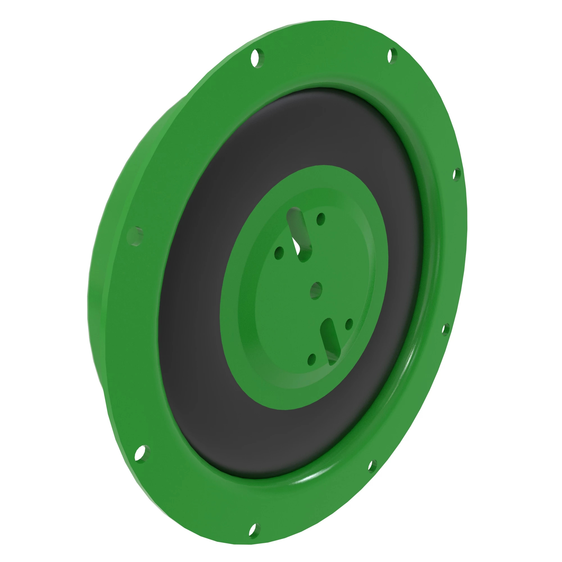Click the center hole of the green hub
point(316,290)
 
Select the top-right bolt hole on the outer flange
point(392,56)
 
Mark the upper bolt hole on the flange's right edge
point(456,175)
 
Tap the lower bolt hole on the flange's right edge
point(445,329)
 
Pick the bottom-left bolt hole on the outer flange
point(142,454)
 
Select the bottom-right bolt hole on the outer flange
point(372,466)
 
